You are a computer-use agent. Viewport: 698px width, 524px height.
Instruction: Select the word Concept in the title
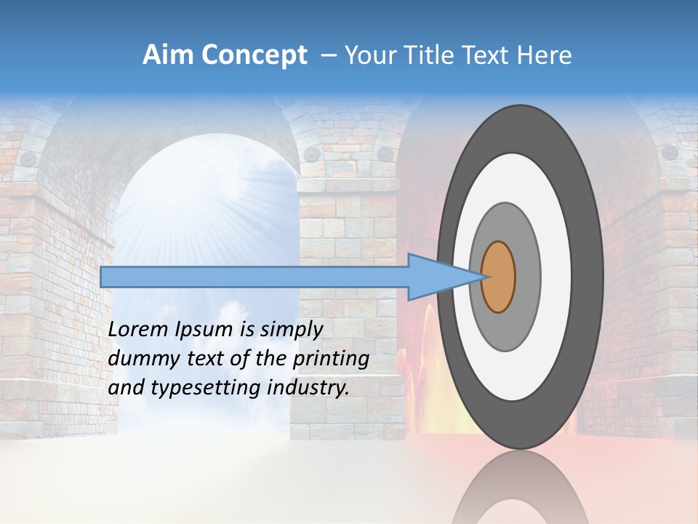tap(254, 55)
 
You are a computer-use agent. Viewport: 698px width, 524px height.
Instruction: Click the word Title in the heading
tap(436, 55)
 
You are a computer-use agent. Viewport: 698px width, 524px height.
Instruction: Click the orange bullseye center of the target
tap(499, 277)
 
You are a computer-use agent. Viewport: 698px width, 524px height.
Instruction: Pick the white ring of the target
tap(555, 277)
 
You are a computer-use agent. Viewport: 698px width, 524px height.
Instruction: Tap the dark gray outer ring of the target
tap(589, 277)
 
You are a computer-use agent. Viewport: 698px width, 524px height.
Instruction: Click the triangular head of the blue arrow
tap(436, 277)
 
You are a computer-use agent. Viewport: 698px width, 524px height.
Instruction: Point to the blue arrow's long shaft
tap(254, 277)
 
